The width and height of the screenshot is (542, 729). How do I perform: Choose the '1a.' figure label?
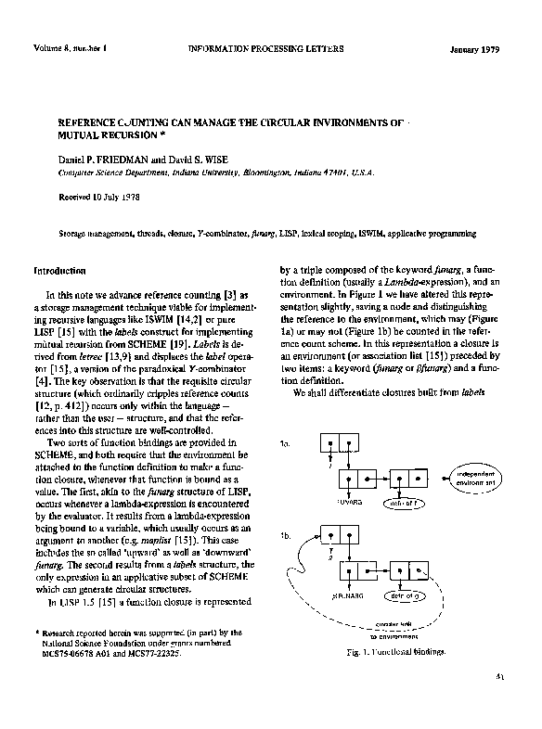(x=285, y=444)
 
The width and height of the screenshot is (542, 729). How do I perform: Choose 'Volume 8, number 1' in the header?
(x=71, y=47)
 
